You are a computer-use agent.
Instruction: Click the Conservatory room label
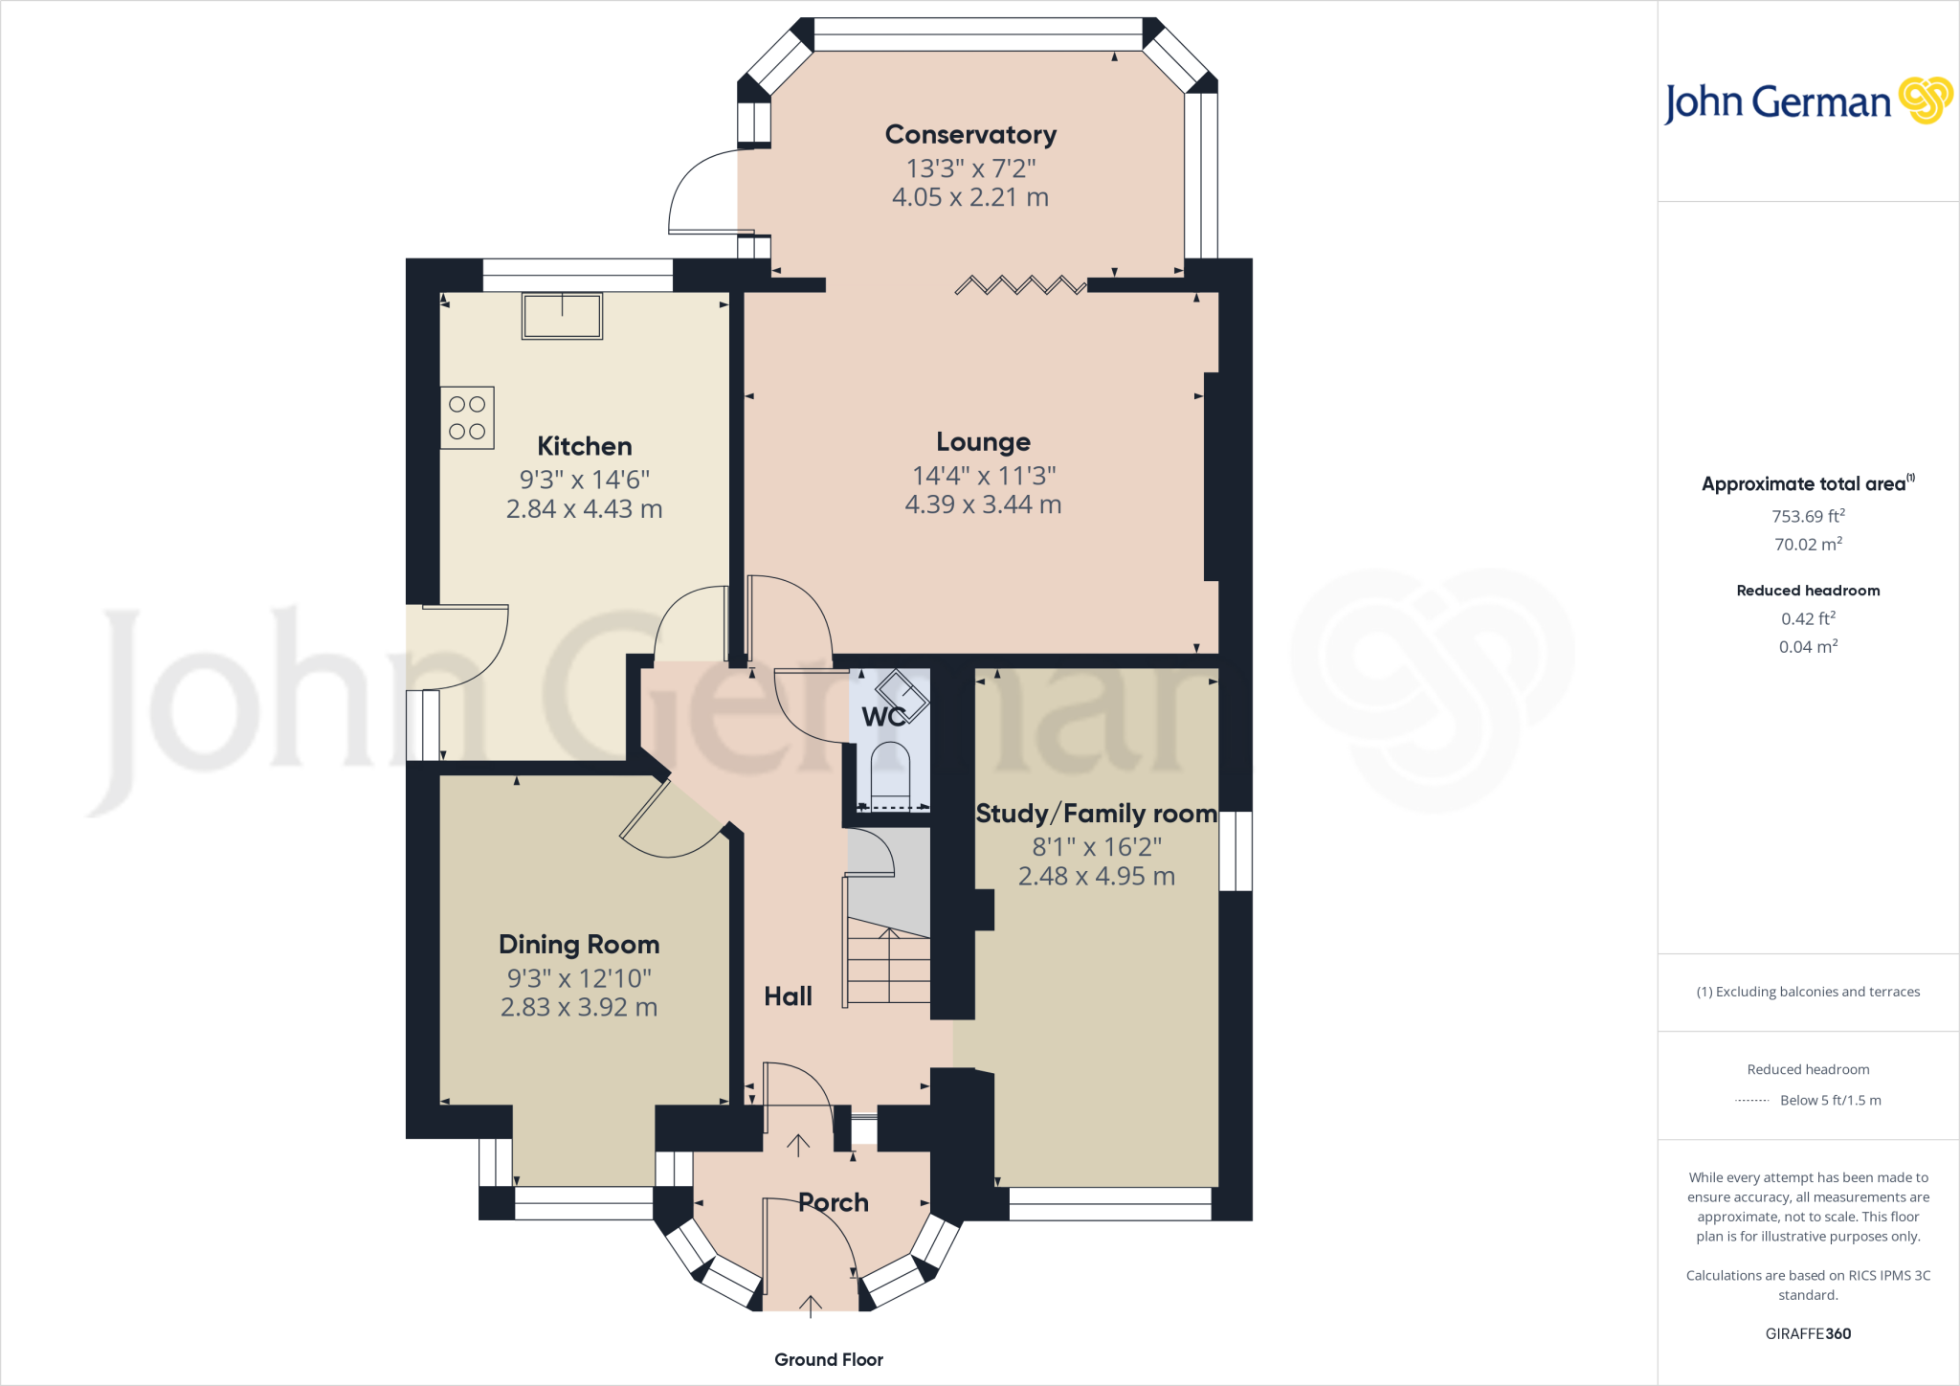tap(970, 135)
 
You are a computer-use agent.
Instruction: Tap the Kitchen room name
tap(584, 447)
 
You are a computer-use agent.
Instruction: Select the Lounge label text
tap(983, 442)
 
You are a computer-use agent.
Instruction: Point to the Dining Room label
tap(579, 945)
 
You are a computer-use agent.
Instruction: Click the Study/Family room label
tap(1096, 814)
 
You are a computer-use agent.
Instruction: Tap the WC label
tap(882, 716)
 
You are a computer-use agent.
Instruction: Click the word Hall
tap(788, 996)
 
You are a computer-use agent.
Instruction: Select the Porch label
tap(834, 1202)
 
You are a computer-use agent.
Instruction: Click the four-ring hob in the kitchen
tap(467, 418)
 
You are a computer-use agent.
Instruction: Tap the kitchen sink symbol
tap(562, 316)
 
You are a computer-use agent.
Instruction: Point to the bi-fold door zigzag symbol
tap(1020, 284)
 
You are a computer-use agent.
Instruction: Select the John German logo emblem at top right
tap(1926, 101)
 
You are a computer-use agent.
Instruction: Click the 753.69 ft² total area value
tap(1808, 516)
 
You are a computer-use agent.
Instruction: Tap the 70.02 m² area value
tap(1808, 545)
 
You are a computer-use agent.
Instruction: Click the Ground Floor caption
tap(829, 1359)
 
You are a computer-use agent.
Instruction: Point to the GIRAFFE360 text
tap(1808, 1333)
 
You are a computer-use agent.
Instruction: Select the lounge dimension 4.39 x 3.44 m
tap(983, 504)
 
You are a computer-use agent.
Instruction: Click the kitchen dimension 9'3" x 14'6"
tap(584, 480)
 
